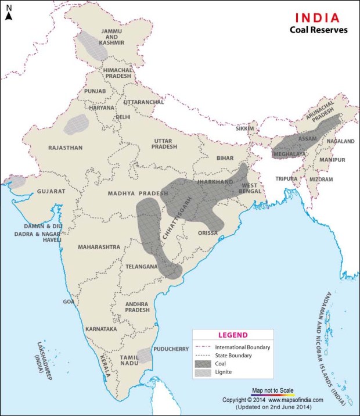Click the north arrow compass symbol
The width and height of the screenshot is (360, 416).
coord(9,13)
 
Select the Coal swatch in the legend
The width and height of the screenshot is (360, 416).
coord(204,364)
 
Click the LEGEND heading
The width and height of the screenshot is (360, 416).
coord(233,335)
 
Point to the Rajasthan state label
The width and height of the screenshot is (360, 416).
coord(66,148)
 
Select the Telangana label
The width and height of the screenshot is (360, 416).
coord(141,267)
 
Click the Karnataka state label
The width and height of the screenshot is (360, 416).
coord(101,329)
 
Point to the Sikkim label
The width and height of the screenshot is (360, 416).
coord(246,128)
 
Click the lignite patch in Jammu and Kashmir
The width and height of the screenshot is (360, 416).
coord(92,44)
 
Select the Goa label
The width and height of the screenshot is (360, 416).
coord(69,302)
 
